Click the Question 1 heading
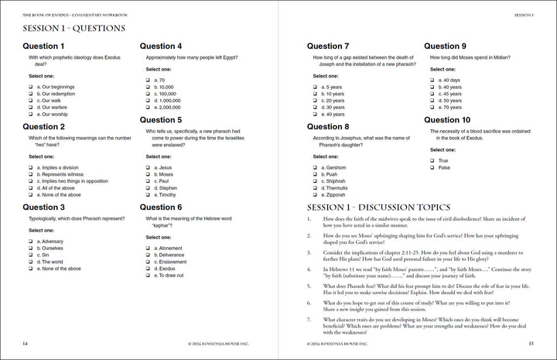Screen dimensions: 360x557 coord(44,46)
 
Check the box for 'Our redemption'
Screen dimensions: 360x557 coord(30,93)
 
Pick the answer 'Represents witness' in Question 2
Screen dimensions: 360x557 coord(30,174)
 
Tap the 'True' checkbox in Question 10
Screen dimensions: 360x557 coord(432,160)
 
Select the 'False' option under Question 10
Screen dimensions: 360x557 coord(432,167)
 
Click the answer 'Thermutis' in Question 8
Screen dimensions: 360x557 coord(315,188)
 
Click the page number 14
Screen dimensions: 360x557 coord(26,343)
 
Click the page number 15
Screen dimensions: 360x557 coord(531,343)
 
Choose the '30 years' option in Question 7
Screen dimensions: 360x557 coord(315,108)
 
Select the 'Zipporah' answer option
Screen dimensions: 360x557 coord(315,195)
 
